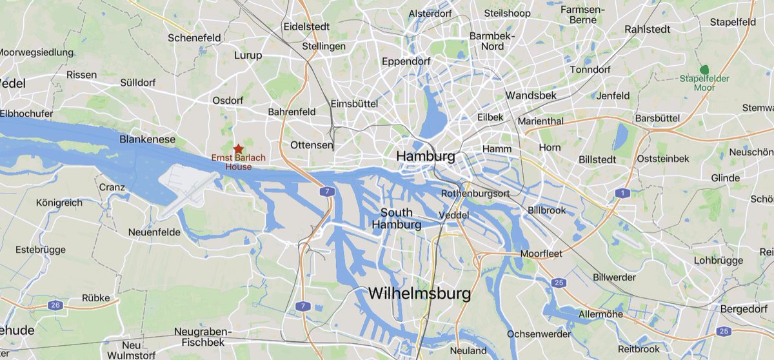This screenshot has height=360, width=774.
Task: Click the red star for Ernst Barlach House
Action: [x=238, y=148]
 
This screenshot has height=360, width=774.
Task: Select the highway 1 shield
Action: [x=622, y=194]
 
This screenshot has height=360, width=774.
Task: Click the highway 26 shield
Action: [x=56, y=305]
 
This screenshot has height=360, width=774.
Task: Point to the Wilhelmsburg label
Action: [x=419, y=294]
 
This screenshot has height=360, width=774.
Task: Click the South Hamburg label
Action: [x=397, y=219]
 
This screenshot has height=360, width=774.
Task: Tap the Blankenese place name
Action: [x=148, y=139]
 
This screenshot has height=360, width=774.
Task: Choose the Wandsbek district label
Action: [x=531, y=95]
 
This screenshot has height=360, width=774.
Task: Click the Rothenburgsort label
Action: [x=476, y=194]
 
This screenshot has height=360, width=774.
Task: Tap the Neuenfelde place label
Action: [x=152, y=231]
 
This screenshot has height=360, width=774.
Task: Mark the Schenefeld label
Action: [x=194, y=38]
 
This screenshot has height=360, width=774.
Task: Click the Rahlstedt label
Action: [x=648, y=29]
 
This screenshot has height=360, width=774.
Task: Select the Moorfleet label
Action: [x=541, y=254]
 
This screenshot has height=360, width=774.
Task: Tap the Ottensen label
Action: [x=312, y=145]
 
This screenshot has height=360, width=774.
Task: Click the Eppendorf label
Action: [x=406, y=61]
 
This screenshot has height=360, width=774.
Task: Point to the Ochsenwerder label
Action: [x=539, y=334]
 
